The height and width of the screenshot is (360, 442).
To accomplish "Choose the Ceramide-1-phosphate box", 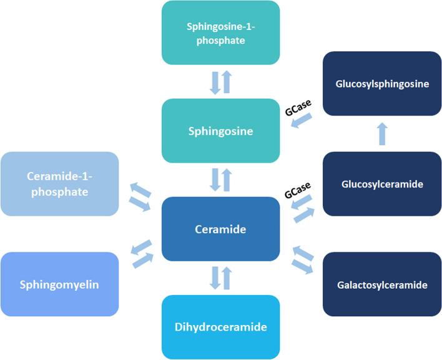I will [x=60, y=184].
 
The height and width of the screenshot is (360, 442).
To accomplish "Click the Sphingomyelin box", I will [x=60, y=284].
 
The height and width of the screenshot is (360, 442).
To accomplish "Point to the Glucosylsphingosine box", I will [x=382, y=84].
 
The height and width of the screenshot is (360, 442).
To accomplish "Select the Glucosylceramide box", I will [x=382, y=184].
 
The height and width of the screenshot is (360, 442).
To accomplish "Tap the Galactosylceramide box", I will [x=382, y=284].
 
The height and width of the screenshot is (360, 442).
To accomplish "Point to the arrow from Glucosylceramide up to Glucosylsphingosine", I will [x=382, y=133].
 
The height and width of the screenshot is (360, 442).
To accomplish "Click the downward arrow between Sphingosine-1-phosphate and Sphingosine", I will [x=215, y=82].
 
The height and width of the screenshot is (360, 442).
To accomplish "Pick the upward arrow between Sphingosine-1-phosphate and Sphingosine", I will [x=227, y=82].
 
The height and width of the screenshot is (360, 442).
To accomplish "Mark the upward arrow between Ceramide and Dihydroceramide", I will [x=227, y=278].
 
